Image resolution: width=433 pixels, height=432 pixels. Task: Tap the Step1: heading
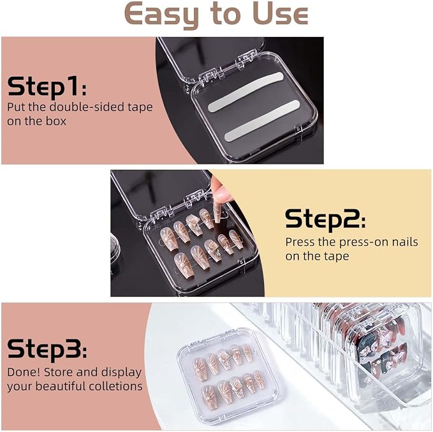coord(47,87)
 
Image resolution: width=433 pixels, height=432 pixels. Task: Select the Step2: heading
coord(325,220)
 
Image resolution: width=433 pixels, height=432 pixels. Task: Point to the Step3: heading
coord(47,349)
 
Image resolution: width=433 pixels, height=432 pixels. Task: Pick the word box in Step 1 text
coord(55,121)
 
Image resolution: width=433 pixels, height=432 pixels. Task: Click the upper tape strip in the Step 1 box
coord(246,93)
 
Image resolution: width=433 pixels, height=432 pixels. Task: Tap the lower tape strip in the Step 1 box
coord(262,121)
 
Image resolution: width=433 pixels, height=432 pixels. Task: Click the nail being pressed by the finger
coord(217,213)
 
